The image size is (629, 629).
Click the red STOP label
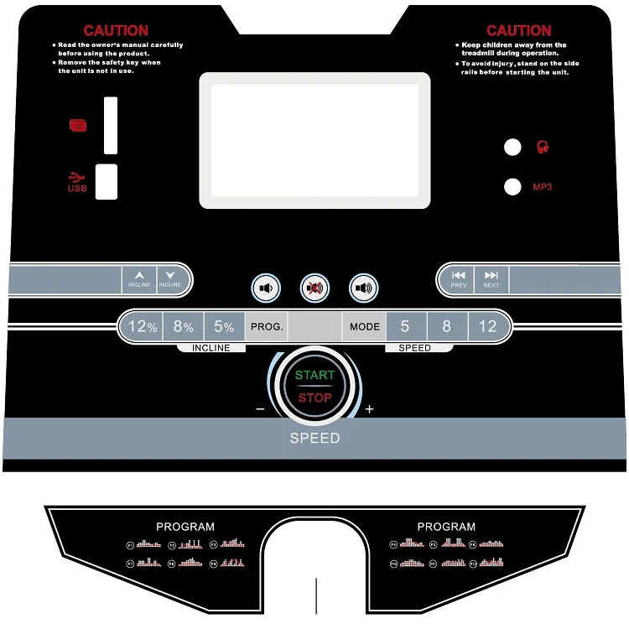pos(314,398)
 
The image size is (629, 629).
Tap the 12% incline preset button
pos(142,327)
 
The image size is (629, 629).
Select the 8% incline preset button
pos(183,327)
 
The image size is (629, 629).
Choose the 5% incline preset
pos(223,327)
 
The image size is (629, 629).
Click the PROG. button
pos(267,327)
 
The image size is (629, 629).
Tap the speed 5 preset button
pos(405,327)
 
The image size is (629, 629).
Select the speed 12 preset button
pos(487,327)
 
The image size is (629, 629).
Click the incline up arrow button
pos(139,278)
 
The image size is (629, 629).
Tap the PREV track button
pos(458,278)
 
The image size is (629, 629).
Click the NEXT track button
pos(491,278)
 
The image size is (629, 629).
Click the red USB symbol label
pos(77,181)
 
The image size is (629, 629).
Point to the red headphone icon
pos(543,148)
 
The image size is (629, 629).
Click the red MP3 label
pos(543,186)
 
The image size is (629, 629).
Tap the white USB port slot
pos(107,181)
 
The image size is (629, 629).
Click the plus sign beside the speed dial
pos(369,409)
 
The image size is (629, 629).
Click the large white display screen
pos(314,140)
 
